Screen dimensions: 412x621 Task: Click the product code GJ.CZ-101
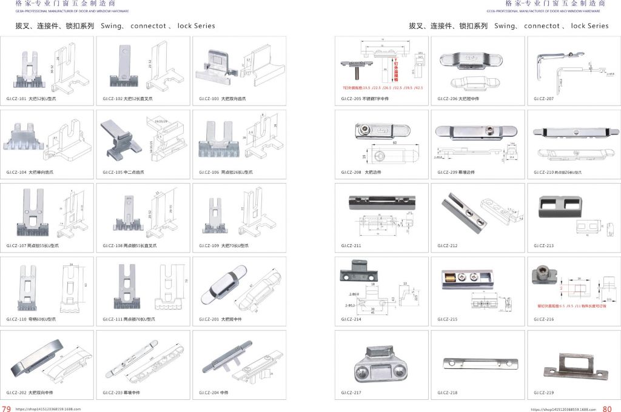16,98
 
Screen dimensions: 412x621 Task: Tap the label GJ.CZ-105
113,172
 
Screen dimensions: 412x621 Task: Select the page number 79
7,408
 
